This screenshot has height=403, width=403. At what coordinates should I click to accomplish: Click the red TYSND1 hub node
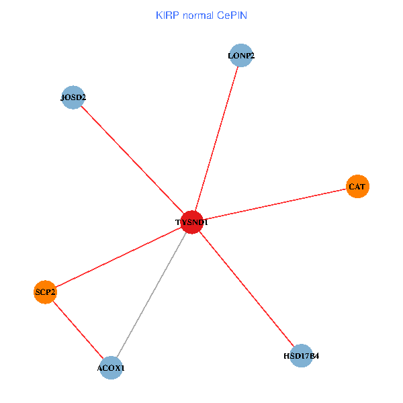click(x=192, y=222)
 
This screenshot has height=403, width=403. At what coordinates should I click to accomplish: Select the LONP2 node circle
click(x=241, y=56)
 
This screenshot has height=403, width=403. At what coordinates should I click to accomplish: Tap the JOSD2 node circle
click(x=73, y=98)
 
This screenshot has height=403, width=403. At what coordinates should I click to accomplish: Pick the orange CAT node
click(x=357, y=186)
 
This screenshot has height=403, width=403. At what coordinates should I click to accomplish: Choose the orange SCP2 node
click(x=45, y=292)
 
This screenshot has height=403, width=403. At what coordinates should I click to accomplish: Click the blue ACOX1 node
click(x=111, y=368)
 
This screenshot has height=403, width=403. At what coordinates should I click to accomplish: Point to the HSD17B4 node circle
click(x=302, y=355)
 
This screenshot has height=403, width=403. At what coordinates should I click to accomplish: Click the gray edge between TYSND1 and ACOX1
click(x=151, y=296)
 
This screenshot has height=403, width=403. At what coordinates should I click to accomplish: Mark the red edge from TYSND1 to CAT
click(x=275, y=204)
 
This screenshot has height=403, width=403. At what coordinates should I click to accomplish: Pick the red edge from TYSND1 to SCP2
click(x=118, y=257)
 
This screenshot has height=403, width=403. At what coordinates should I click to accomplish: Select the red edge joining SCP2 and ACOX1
click(x=78, y=330)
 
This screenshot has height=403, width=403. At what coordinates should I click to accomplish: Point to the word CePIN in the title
click(x=231, y=15)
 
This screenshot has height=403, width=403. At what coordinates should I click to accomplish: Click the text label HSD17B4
click(x=302, y=355)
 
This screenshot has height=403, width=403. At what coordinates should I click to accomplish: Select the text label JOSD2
click(x=73, y=98)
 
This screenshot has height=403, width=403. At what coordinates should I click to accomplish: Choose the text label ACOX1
click(x=111, y=368)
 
